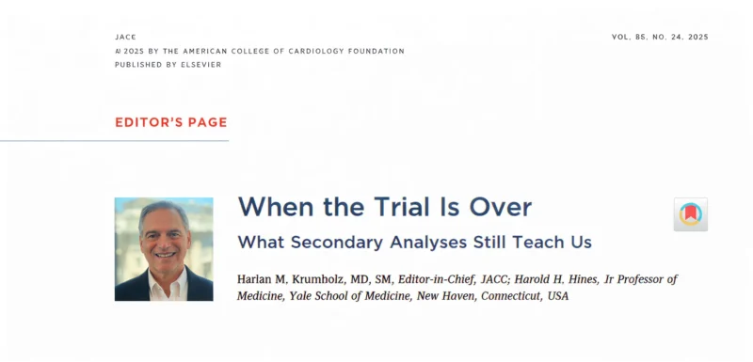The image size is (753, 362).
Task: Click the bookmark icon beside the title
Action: pos(690,214)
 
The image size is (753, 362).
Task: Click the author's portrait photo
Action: pos(164,249)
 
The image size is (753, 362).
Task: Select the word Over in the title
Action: pos(499,206)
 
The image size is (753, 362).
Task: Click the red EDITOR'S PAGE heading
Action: pos(170,122)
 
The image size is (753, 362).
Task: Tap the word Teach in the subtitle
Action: pos(539,242)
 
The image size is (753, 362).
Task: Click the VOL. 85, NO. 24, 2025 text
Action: pos(659,37)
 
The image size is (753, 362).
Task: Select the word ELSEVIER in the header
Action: pos(199,64)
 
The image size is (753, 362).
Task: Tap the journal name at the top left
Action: pos(125,37)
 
